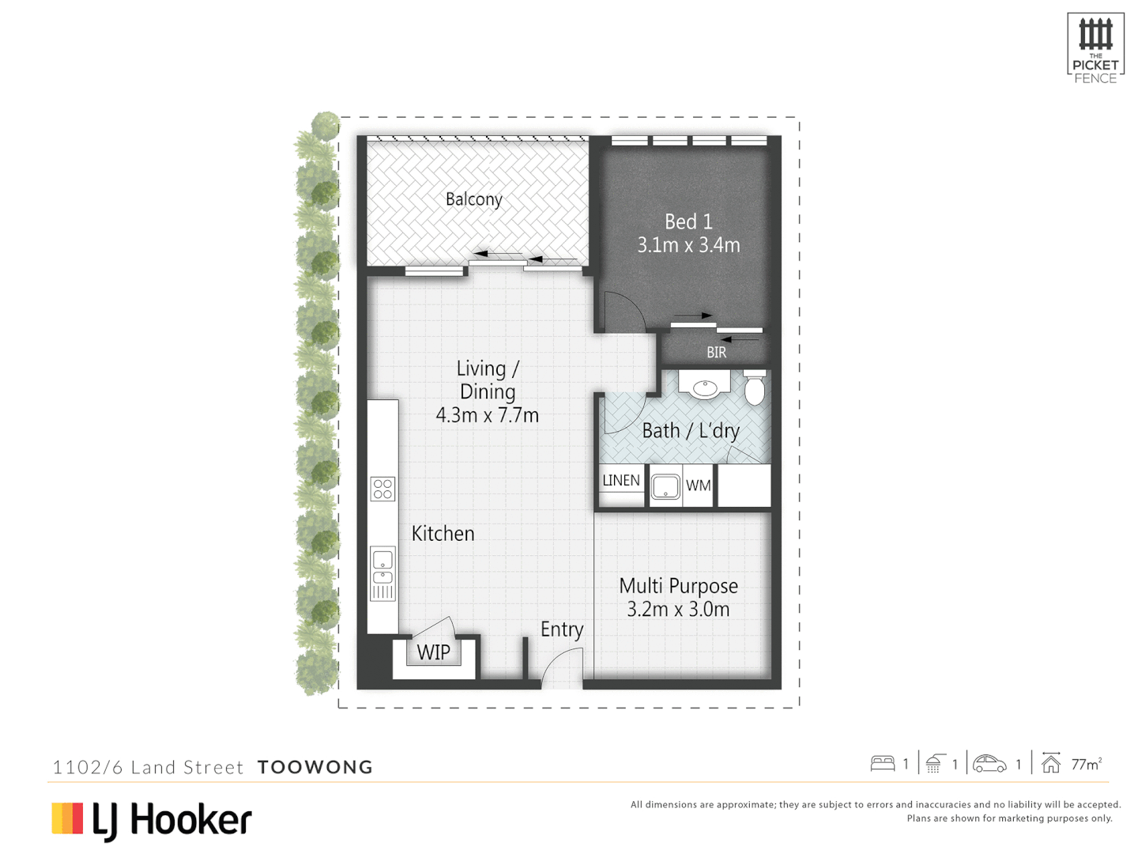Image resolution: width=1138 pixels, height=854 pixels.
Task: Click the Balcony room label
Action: click(473, 199)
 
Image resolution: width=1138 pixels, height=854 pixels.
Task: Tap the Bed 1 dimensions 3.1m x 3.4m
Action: click(688, 245)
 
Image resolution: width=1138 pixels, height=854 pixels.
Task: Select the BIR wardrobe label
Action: click(716, 353)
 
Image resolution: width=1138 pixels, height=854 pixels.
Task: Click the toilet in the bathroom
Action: click(755, 387)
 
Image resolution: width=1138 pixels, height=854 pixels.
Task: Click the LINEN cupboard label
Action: click(621, 481)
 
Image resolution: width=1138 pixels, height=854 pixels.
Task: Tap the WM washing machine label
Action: click(698, 486)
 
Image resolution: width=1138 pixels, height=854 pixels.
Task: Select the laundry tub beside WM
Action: click(665, 486)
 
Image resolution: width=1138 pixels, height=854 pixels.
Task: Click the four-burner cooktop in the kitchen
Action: click(382, 489)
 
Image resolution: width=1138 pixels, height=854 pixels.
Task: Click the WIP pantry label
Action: click(433, 652)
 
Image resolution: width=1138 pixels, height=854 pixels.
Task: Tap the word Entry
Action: click(562, 629)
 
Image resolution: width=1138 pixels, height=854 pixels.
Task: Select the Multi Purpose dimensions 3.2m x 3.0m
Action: click(678, 610)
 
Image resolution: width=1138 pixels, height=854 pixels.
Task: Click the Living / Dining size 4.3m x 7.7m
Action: click(487, 415)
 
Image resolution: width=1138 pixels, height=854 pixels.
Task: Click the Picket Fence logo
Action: click(1095, 47)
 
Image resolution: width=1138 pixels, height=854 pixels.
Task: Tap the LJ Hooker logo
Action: click(152, 820)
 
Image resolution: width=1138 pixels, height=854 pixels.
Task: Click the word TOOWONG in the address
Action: click(315, 767)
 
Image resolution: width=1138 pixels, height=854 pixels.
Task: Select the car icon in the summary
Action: click(989, 764)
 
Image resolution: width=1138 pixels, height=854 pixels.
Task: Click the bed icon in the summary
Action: click(882, 764)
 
